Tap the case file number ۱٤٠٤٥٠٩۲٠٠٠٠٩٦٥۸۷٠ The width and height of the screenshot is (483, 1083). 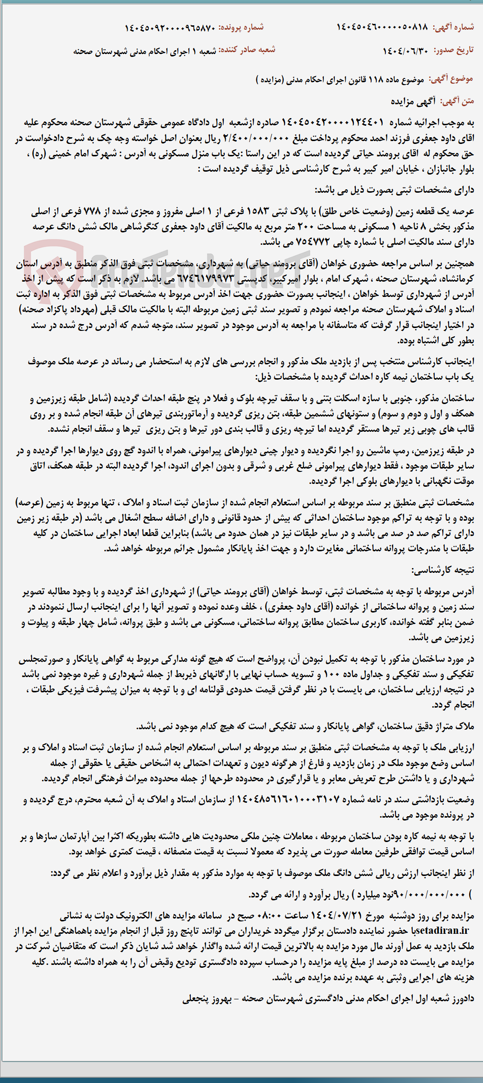[170, 28]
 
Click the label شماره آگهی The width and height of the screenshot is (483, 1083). [453, 27]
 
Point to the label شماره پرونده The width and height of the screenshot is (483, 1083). [241, 27]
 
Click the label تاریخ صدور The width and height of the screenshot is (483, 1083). [454, 50]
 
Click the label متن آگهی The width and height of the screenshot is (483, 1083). [457, 100]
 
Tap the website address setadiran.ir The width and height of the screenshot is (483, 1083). [442, 931]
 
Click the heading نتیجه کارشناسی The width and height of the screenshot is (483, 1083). [442, 570]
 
